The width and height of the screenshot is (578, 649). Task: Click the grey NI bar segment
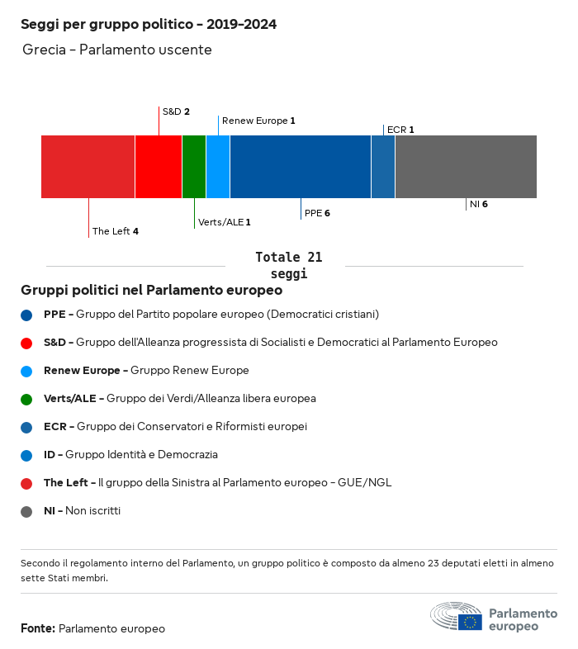[466, 167]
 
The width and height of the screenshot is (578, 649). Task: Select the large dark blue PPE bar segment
[301, 167]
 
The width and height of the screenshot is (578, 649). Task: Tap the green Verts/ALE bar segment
[194, 167]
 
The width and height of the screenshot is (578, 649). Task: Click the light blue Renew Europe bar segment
[218, 167]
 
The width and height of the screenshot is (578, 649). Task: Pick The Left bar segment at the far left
[88, 167]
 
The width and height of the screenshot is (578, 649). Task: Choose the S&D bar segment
[159, 167]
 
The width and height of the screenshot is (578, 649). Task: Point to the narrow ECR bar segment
[383, 167]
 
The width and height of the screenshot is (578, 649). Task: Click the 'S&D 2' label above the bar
[176, 111]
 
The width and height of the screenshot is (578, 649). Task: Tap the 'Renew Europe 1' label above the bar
[258, 121]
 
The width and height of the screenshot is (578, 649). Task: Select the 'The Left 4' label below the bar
[115, 231]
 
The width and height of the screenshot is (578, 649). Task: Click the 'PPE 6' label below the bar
[317, 213]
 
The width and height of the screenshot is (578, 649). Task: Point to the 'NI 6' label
[478, 204]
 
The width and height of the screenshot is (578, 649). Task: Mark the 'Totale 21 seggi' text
[288, 265]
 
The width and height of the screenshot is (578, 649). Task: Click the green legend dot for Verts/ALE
[27, 399]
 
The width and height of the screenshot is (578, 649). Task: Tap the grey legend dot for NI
[27, 511]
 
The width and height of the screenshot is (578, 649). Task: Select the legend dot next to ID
[27, 455]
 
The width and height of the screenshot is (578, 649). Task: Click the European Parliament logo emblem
[456, 617]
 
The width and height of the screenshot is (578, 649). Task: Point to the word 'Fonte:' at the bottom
[38, 628]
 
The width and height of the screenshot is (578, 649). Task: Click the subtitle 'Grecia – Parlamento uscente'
[117, 50]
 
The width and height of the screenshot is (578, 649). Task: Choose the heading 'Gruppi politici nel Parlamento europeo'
[152, 291]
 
